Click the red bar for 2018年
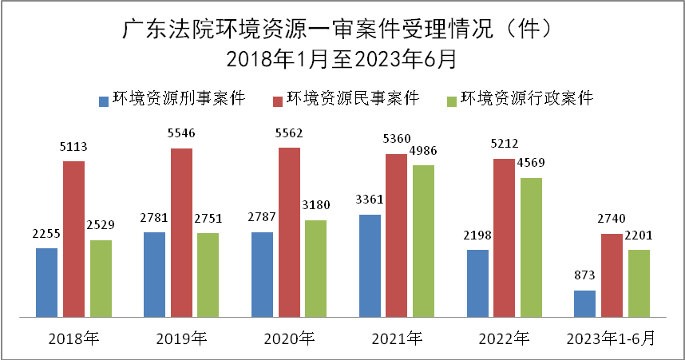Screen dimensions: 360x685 pyautogui.click(x=73, y=238)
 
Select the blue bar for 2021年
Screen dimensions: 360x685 pyautogui.click(x=370, y=264)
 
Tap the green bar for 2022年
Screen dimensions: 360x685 pyautogui.click(x=531, y=246)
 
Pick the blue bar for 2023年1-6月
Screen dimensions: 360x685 pyautogui.click(x=584, y=303)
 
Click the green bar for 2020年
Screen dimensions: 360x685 pyautogui.click(x=316, y=267)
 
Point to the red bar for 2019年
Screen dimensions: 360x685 pyautogui.click(x=181, y=231)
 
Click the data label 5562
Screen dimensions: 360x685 pyautogui.click(x=289, y=133)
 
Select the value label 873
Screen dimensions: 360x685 pyautogui.click(x=584, y=276)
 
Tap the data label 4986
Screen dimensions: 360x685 pyautogui.click(x=424, y=151)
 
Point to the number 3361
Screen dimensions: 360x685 pyautogui.click(x=370, y=200)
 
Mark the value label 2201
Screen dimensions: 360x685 pyautogui.click(x=639, y=235)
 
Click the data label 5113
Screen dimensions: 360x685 pyautogui.click(x=73, y=147)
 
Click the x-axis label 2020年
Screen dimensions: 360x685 pyautogui.click(x=289, y=338)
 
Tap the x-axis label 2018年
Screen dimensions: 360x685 pyautogui.click(x=73, y=338)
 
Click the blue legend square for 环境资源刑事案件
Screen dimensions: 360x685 pyautogui.click(x=103, y=101)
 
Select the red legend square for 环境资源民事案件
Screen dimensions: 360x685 pyautogui.click(x=278, y=101)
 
